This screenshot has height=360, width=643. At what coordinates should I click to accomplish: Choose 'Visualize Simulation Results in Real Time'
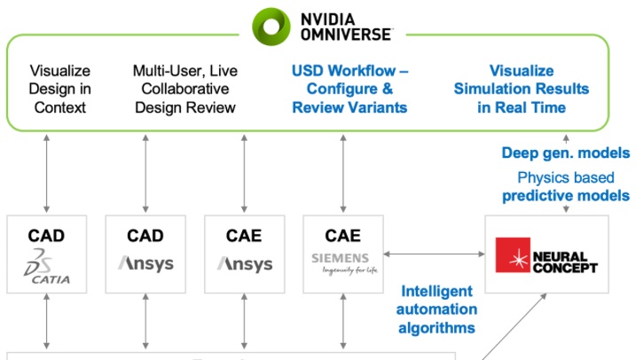click(521, 89)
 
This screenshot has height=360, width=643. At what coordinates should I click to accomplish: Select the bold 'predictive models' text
click(566, 195)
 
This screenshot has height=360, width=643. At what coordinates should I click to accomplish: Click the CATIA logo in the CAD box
click(47, 268)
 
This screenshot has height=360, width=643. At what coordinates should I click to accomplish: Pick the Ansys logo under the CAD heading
click(145, 264)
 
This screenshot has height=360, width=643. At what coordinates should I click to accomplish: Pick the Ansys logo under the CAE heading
click(245, 264)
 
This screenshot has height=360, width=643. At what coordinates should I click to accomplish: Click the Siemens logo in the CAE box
click(343, 263)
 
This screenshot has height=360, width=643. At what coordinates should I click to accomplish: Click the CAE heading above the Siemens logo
click(342, 236)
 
